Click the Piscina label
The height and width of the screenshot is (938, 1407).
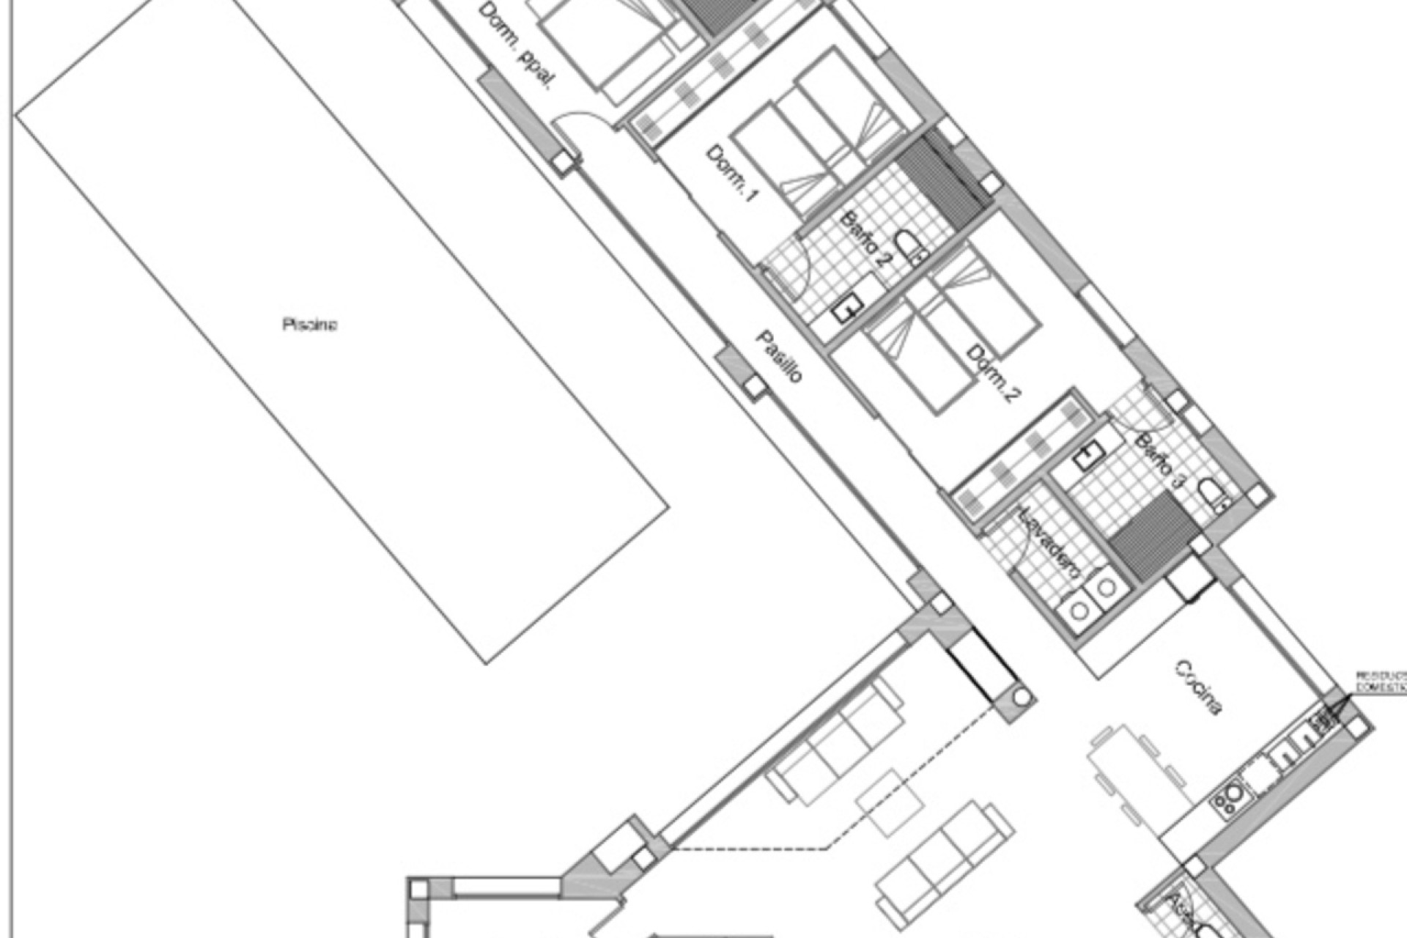point(310,324)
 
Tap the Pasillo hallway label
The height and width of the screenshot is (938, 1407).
point(779,357)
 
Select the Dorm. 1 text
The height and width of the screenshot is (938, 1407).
point(731,173)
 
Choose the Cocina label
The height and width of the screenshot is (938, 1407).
point(1198,687)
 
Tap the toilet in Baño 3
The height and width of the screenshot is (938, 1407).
point(1213,495)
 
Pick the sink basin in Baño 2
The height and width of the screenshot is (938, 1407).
point(847,311)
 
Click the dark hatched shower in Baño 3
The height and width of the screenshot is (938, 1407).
point(1146,534)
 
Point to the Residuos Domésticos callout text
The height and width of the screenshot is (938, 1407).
point(1381,682)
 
